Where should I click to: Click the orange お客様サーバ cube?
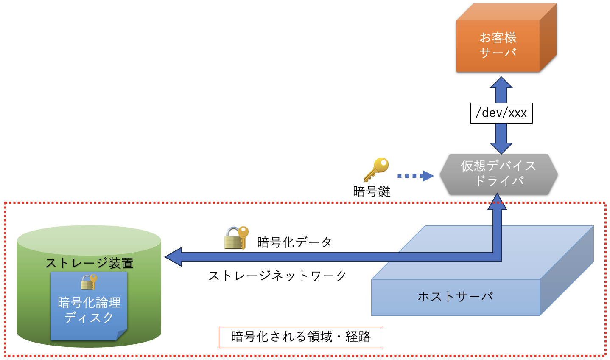tap(498, 45)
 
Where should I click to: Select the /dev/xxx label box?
tap(501, 113)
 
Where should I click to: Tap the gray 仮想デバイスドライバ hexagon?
tap(498, 174)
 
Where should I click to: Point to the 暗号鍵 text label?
tap(372, 191)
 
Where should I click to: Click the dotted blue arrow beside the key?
tap(415, 175)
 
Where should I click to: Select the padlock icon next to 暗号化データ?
tap(236, 238)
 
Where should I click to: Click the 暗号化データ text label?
tap(294, 242)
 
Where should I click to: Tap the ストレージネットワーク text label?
tap(277, 276)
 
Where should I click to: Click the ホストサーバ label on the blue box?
tap(455, 296)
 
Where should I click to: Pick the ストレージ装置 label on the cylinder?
tap(89, 263)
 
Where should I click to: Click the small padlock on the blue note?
tap(89, 281)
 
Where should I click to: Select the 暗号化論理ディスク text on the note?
tap(89, 310)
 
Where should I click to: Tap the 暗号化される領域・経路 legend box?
tap(301, 337)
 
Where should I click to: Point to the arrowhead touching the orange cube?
tap(501, 83)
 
